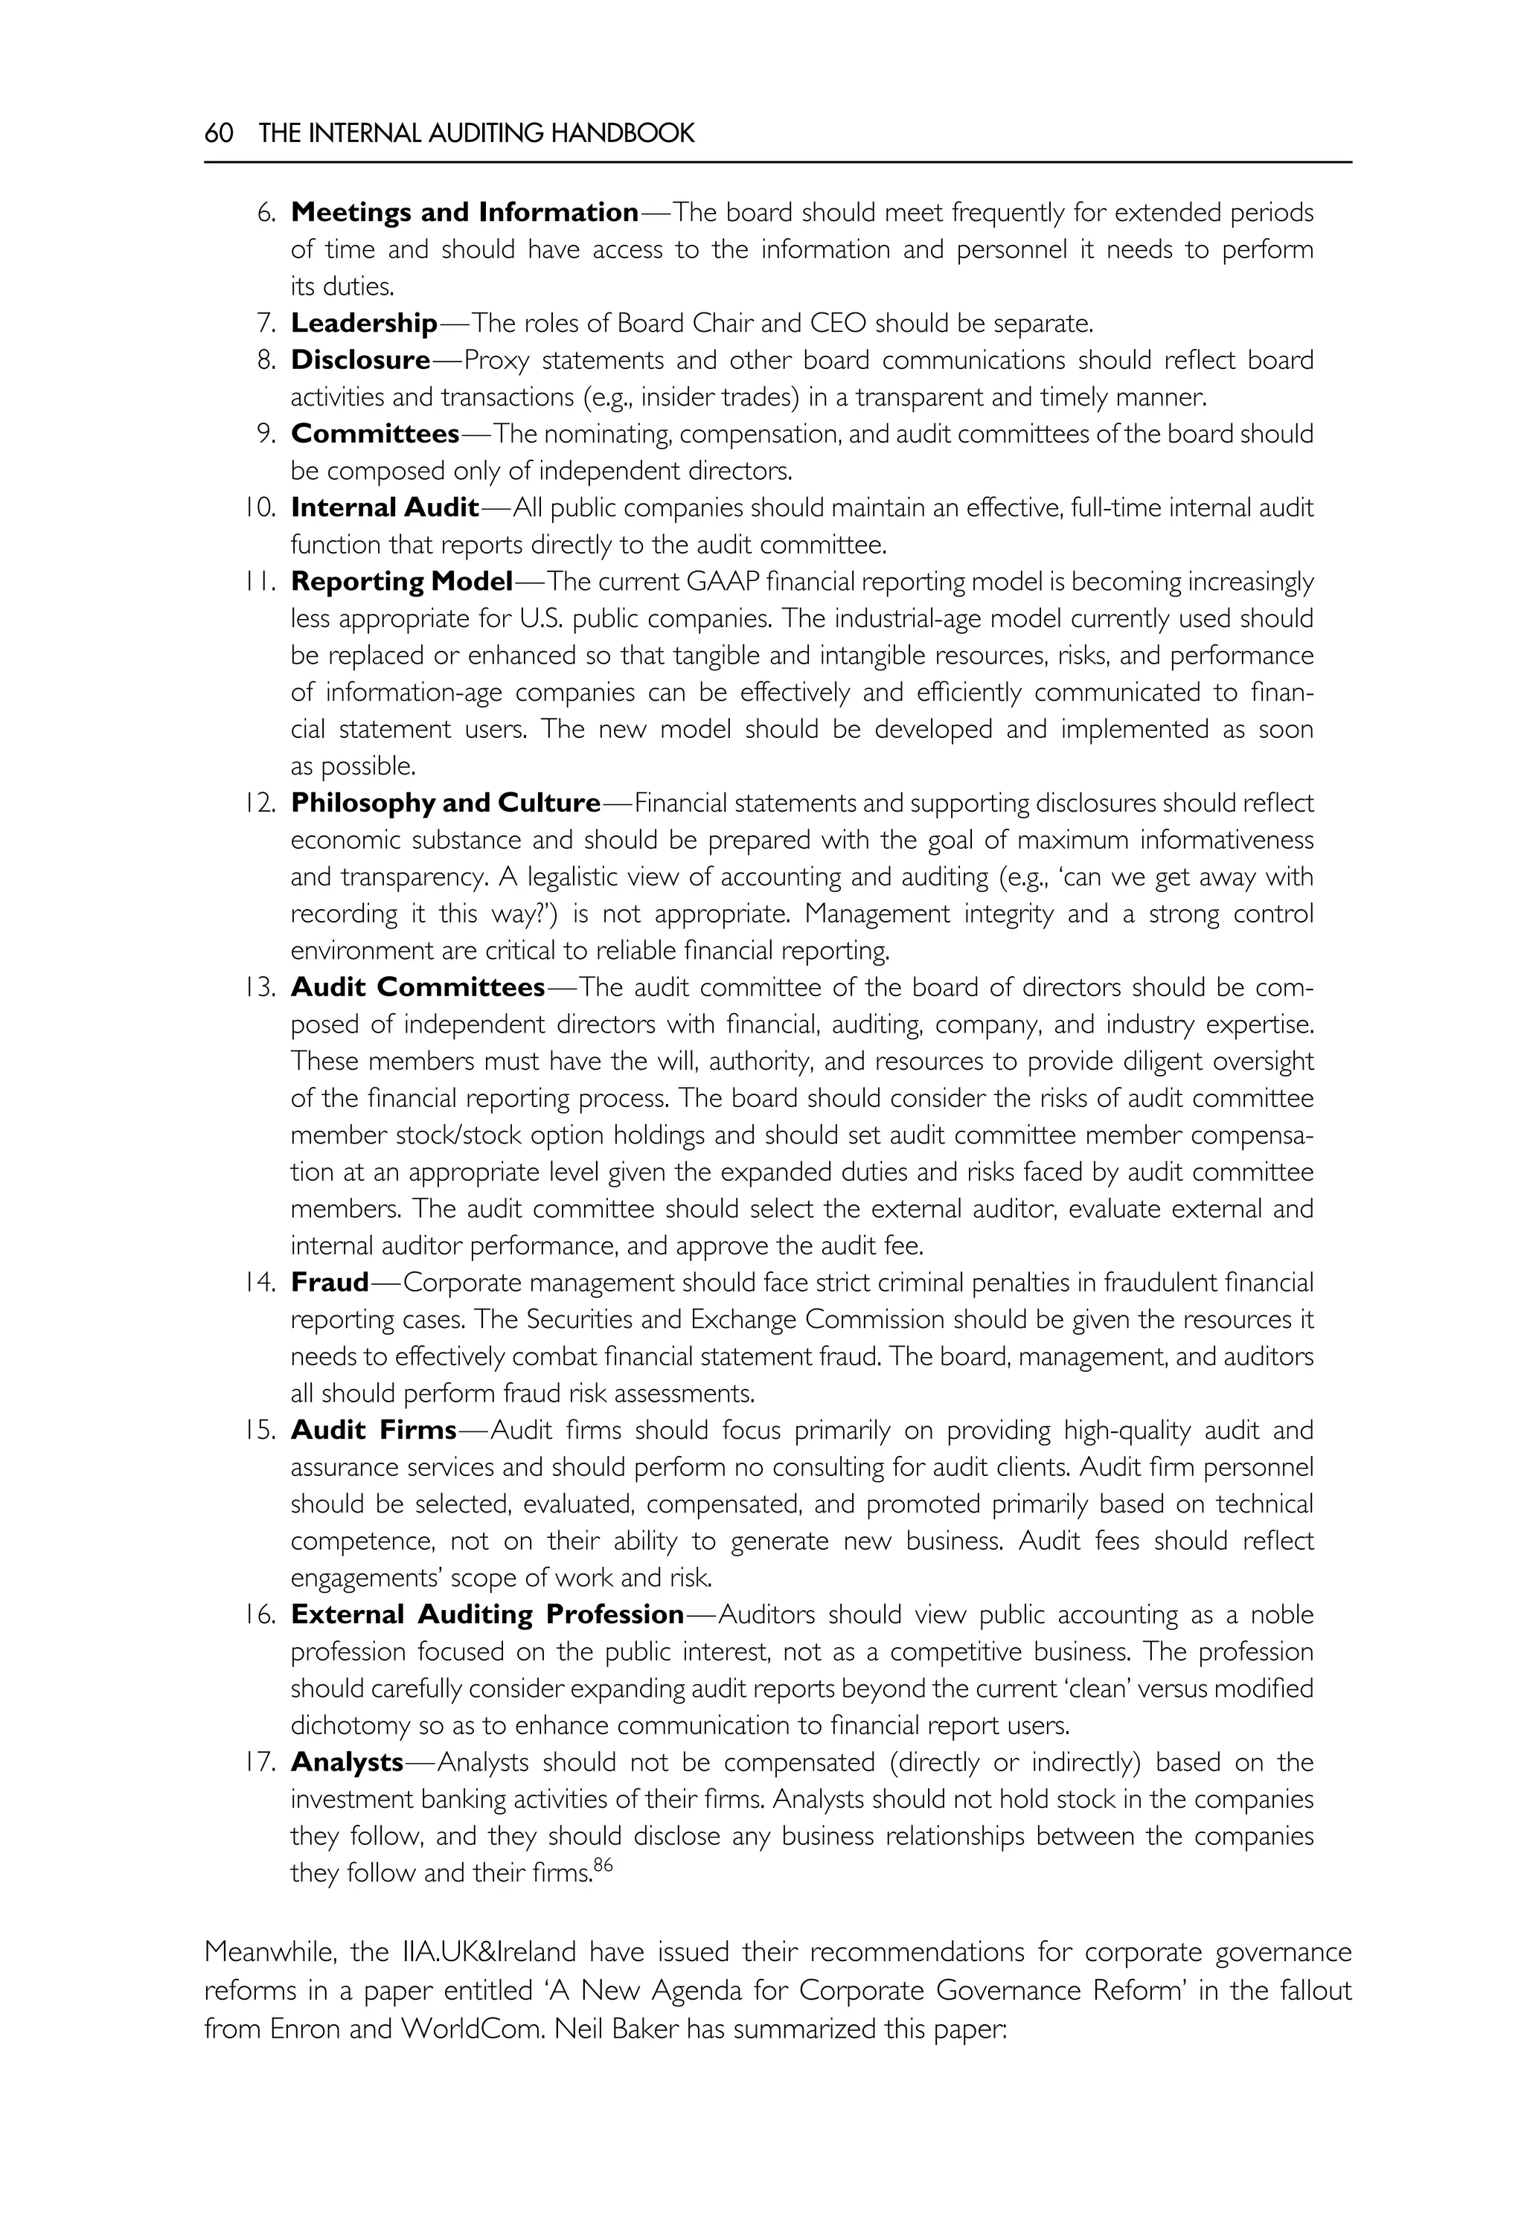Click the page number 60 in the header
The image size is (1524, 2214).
click(219, 132)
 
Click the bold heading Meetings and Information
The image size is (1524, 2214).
click(464, 212)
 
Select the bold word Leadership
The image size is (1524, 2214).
click(364, 323)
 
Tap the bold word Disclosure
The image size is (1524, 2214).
click(360, 360)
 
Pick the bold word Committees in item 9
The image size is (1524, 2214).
click(374, 434)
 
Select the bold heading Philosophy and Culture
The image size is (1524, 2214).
click(445, 803)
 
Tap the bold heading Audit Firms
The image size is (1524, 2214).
click(374, 1430)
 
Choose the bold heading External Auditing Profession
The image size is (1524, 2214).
click(487, 1614)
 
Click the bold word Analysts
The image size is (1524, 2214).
click(347, 1762)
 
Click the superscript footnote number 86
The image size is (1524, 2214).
click(603, 1864)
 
